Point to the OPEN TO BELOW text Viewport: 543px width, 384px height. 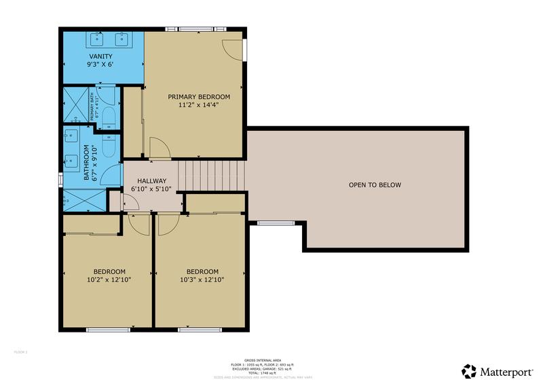(x=375, y=185)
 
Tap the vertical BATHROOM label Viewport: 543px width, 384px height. (x=86, y=163)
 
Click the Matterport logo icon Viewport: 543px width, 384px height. (x=469, y=370)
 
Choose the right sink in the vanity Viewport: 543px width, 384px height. (x=125, y=39)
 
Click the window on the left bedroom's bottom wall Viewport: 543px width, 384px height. (x=108, y=330)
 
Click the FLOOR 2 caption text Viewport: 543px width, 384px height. (x=20, y=352)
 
